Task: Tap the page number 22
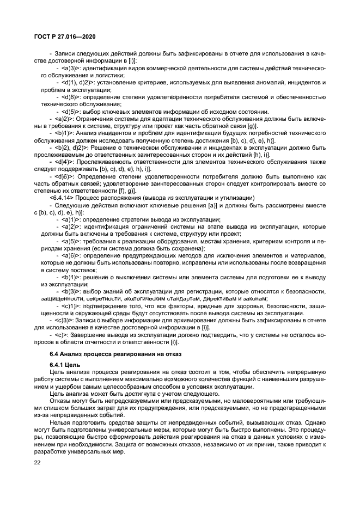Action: tap(38, 462)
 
